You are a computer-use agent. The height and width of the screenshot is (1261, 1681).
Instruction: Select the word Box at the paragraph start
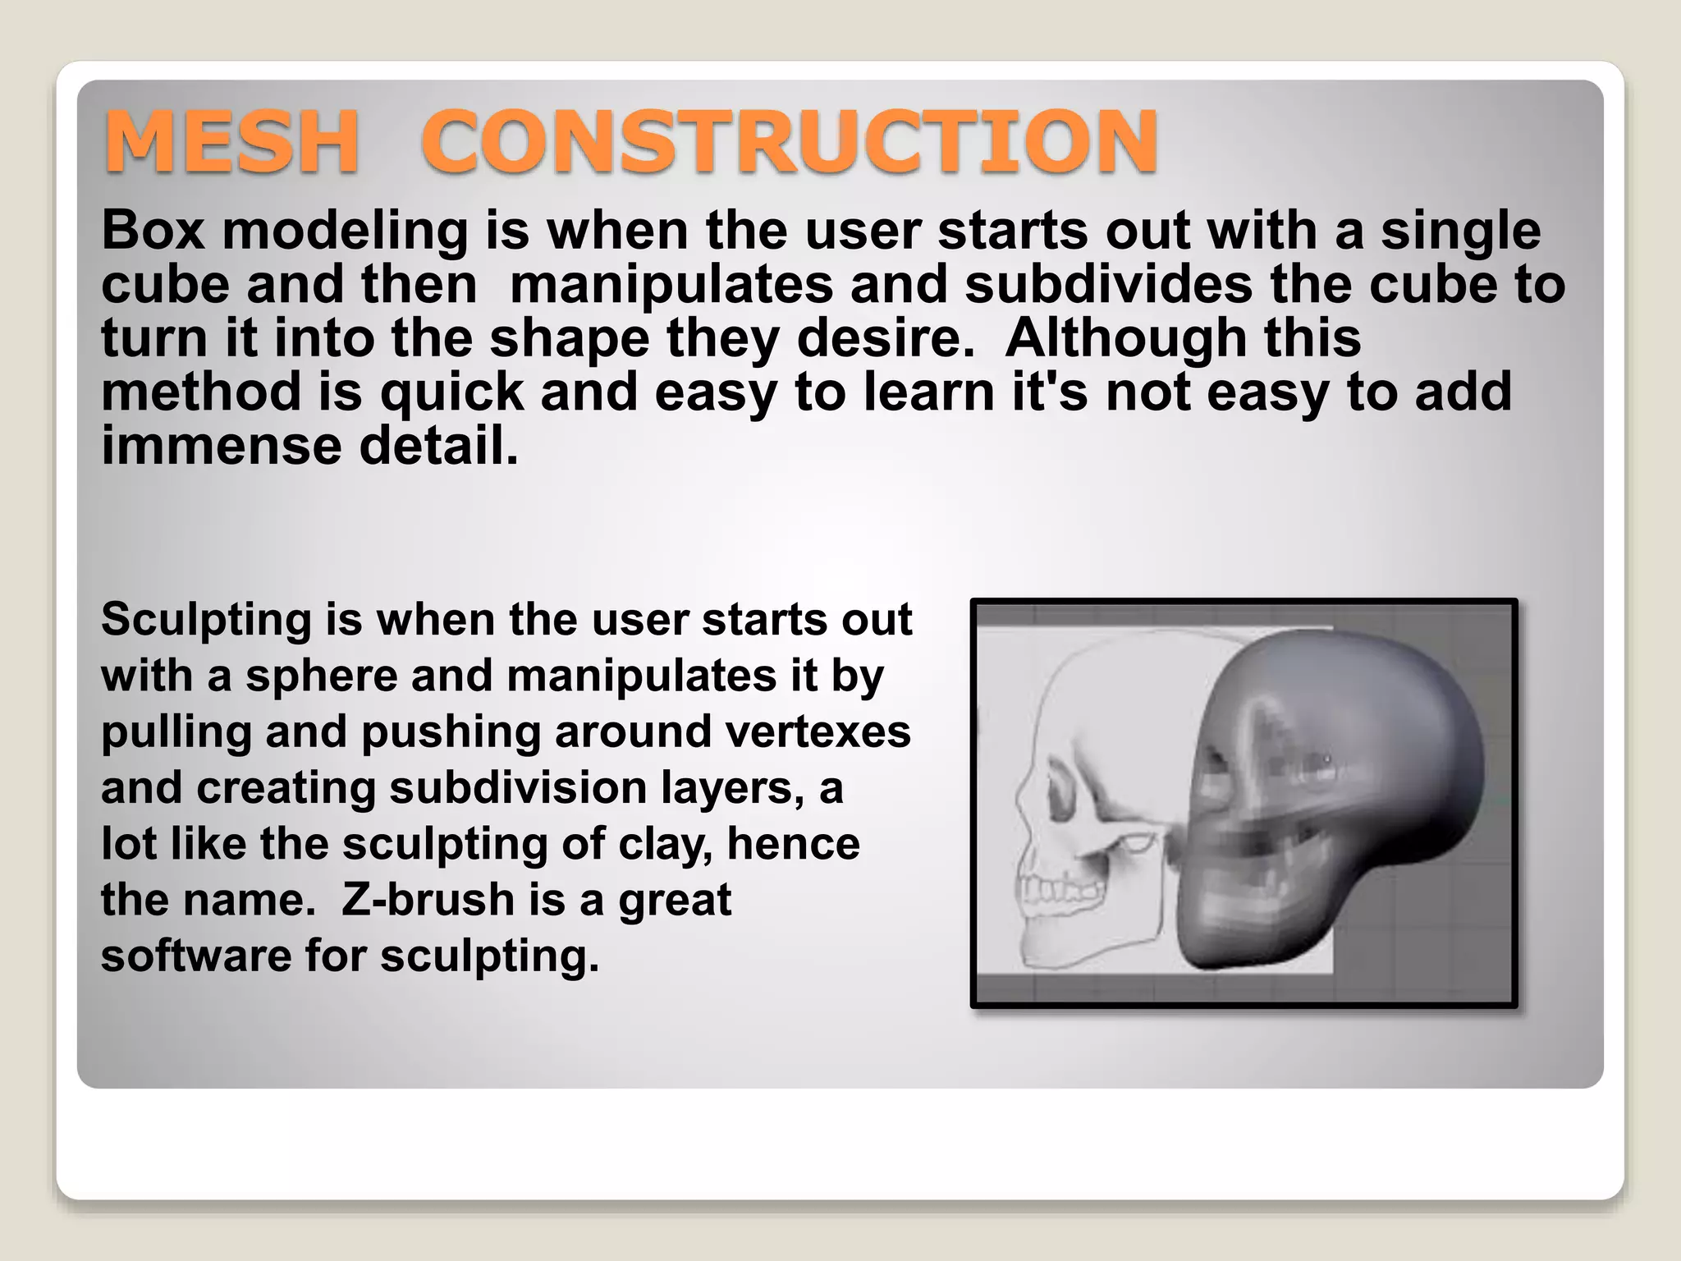[x=153, y=230]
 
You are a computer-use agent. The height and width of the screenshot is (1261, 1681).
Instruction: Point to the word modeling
[x=345, y=232]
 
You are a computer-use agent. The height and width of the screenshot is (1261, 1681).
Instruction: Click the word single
[x=1461, y=232]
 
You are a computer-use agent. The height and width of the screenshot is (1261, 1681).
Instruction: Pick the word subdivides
[x=1108, y=284]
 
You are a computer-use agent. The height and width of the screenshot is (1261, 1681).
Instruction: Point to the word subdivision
[x=518, y=788]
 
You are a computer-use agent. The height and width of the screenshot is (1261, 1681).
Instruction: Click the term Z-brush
[x=428, y=900]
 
